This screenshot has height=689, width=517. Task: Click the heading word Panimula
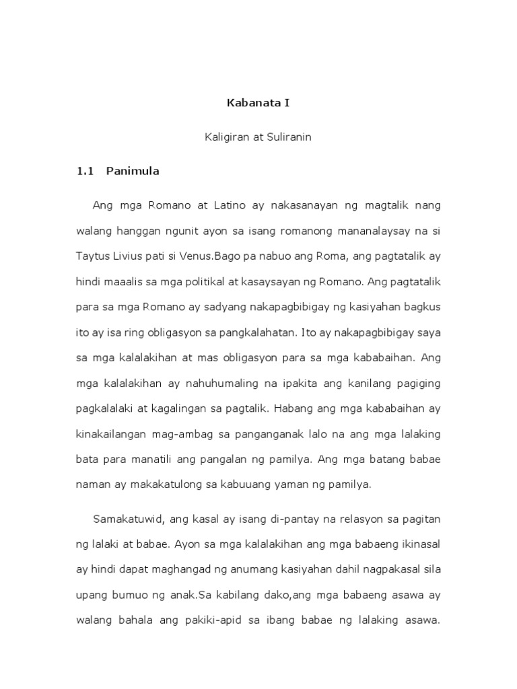click(133, 171)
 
